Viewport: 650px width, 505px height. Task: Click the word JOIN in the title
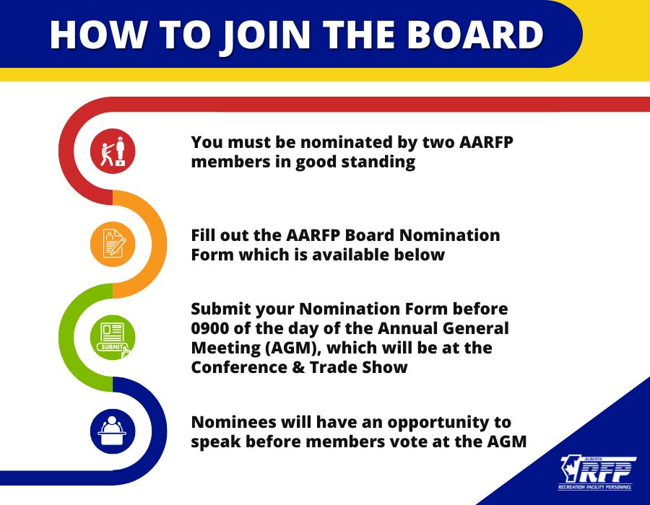tap(264, 35)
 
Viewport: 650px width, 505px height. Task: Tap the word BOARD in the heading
tap(474, 34)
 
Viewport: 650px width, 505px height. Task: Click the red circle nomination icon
tap(113, 151)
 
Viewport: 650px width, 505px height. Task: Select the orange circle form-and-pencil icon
tap(113, 244)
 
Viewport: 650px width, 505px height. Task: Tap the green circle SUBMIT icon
tap(113, 337)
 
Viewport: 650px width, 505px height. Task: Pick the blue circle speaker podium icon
tap(113, 431)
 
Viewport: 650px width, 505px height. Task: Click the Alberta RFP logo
tap(597, 473)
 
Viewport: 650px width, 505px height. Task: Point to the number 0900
tap(209, 328)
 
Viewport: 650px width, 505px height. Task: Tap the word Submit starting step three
tap(221, 309)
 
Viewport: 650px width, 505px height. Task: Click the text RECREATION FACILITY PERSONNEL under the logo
tap(595, 487)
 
